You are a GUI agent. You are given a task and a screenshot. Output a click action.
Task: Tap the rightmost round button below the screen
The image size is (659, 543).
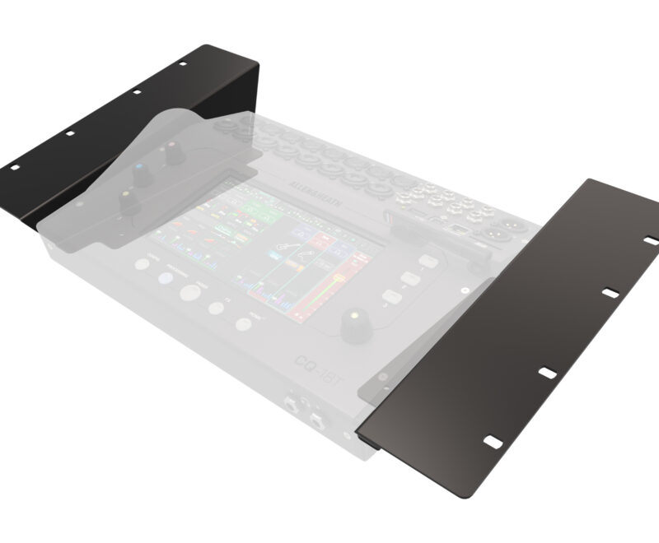(243, 323)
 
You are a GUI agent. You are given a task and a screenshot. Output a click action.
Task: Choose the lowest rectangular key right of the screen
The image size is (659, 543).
(390, 297)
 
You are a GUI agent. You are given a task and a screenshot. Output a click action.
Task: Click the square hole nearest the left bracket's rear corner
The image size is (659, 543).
(181, 63)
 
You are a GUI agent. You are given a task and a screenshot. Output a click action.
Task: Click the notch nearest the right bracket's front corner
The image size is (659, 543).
(492, 443)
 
